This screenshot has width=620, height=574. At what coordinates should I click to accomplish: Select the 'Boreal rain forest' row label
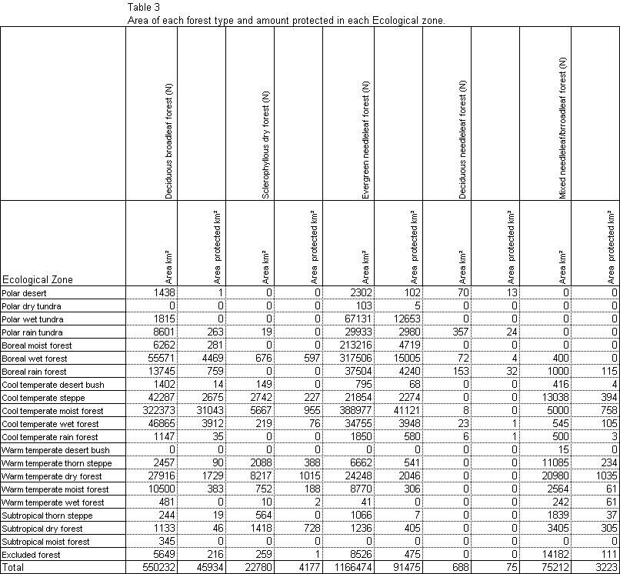click(35, 372)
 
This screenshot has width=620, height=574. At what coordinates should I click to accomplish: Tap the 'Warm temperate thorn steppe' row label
click(56, 463)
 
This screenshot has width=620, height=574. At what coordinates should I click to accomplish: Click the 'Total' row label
click(13, 568)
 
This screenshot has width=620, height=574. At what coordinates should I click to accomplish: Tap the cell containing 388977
click(356, 411)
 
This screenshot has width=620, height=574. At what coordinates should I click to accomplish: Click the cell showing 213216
click(356, 345)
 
